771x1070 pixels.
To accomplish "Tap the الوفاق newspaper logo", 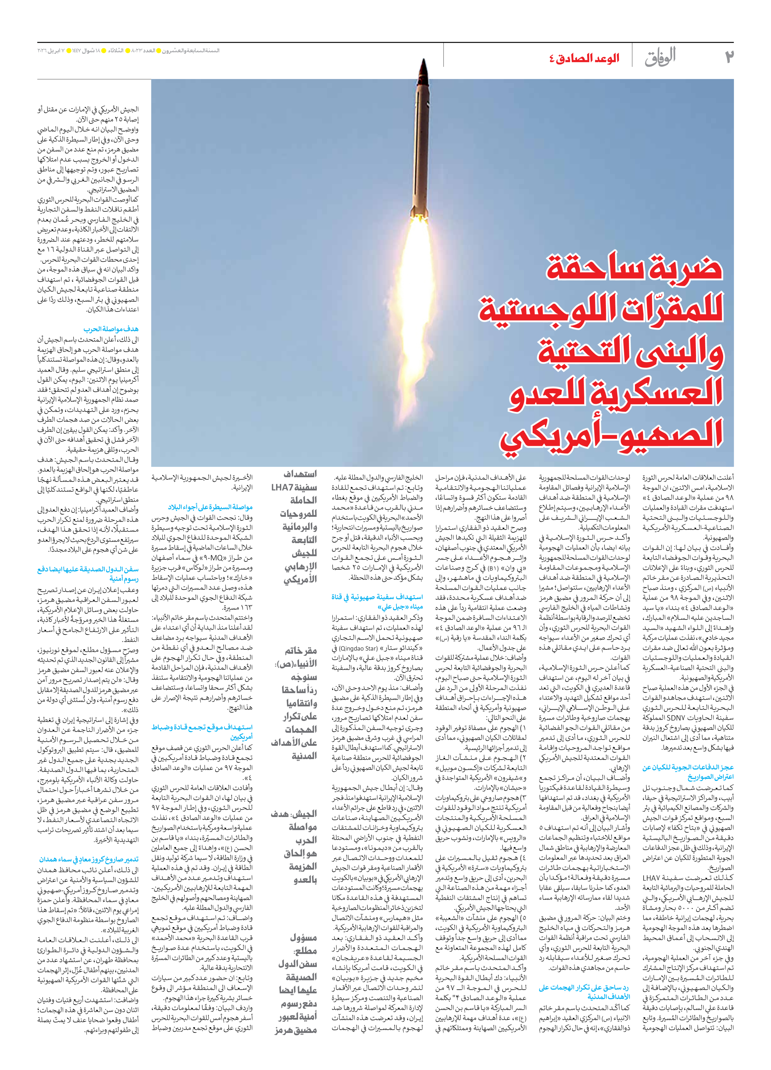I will [x=660, y=58].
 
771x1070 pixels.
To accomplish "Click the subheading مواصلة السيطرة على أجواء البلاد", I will [x=210, y=507].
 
